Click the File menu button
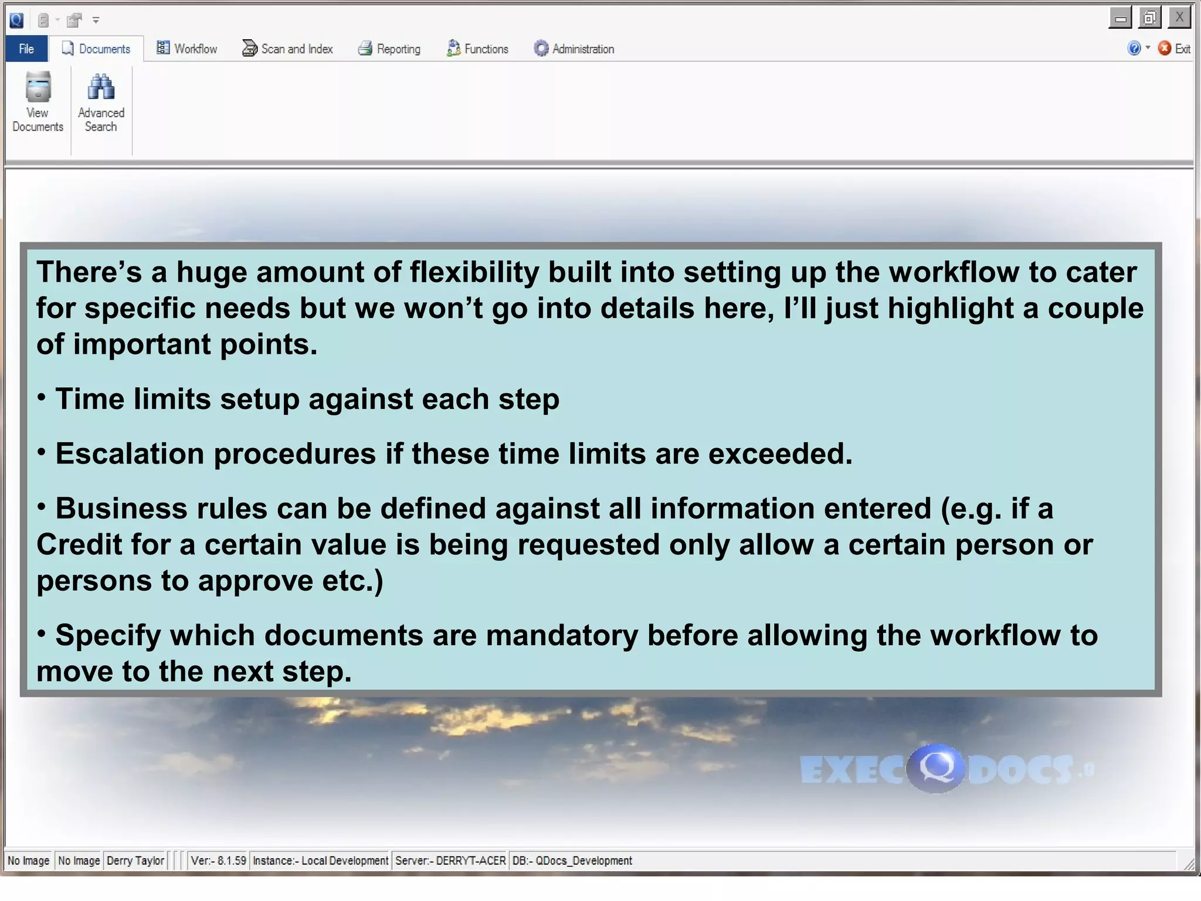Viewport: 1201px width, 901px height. click(x=26, y=49)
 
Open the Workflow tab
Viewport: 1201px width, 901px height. click(x=187, y=49)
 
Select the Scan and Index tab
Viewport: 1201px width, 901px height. click(x=288, y=49)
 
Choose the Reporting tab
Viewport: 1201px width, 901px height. click(x=389, y=49)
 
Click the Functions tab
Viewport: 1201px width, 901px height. click(x=477, y=49)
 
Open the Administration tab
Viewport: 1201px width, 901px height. click(x=574, y=49)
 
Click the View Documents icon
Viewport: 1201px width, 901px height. click(x=38, y=88)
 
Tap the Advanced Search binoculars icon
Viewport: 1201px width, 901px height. click(x=101, y=88)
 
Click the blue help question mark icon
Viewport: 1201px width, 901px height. click(x=1134, y=49)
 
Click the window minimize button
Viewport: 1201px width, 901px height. click(x=1120, y=18)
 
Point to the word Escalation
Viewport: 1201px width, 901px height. click(x=129, y=454)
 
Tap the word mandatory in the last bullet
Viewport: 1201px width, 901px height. click(x=562, y=636)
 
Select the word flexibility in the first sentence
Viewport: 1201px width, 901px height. click(x=474, y=272)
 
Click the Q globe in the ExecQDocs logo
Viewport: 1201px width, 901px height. click(x=936, y=768)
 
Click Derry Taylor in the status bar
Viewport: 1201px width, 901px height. click(x=135, y=861)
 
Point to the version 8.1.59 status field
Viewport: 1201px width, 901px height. click(x=219, y=861)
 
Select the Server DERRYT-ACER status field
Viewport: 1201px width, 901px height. click(x=450, y=861)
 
